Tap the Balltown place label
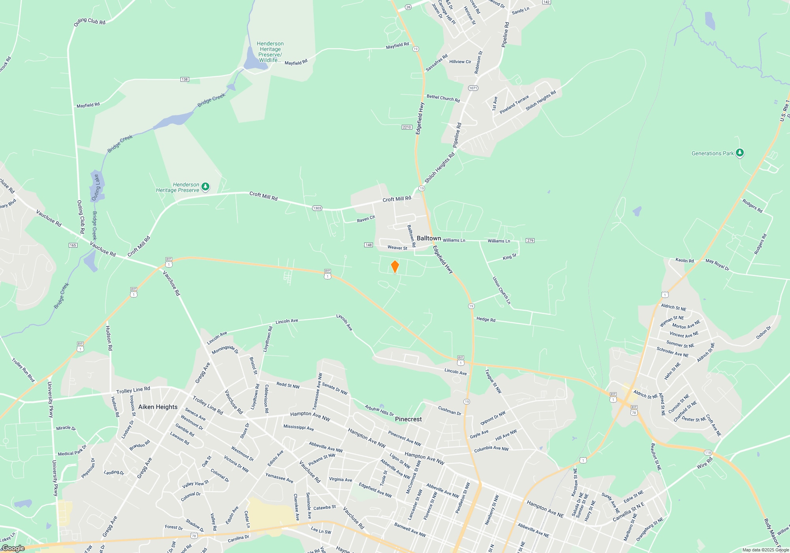429,238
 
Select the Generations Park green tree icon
740,153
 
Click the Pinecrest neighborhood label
408,419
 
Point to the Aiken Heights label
158,407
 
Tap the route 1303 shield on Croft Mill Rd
317,208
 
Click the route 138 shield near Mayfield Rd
184,79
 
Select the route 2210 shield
407,127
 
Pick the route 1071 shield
473,88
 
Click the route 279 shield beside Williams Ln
530,241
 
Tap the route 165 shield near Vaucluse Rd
73,245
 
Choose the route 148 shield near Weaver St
369,245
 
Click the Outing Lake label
96,187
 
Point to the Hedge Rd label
486,319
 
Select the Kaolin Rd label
685,261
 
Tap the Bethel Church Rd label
443,98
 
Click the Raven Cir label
366,219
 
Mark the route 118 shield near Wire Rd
708,453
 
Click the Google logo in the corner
13,548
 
